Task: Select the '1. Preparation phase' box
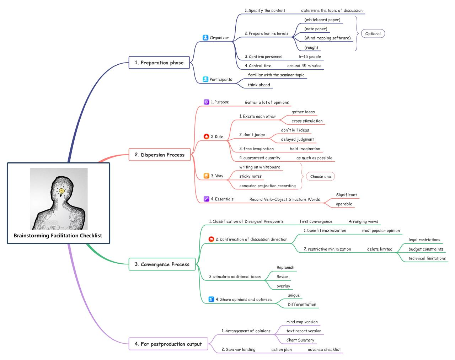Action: pos(159,63)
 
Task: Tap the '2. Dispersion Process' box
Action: pos(159,155)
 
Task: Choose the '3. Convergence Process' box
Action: pos(162,264)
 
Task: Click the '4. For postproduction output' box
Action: pos(168,344)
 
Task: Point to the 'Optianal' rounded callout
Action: pos(373,34)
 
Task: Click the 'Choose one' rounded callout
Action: pos(320,176)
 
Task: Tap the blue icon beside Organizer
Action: pos(205,37)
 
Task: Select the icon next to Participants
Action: pos(205,79)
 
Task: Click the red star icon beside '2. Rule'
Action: pos(206,136)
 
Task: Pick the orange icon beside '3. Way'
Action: pos(206,176)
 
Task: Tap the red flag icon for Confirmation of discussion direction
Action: pos(211,239)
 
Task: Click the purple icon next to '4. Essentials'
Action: pos(206,199)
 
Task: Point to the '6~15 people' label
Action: pos(310,57)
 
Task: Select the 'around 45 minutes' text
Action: pos(304,66)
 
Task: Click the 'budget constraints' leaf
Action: pos(425,249)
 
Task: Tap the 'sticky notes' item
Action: pos(250,176)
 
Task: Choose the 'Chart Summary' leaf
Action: pos(300,340)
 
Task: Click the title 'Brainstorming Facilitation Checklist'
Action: pos(58,235)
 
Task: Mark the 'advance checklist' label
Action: pos(324,349)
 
